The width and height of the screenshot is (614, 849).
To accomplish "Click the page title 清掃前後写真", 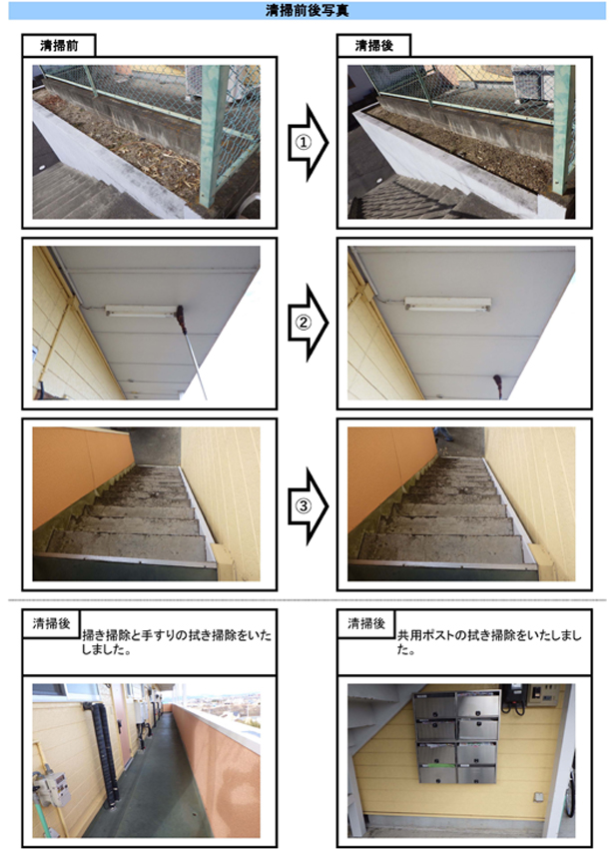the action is pyautogui.click(x=307, y=10).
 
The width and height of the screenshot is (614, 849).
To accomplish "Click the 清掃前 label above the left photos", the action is pyautogui.click(x=59, y=46).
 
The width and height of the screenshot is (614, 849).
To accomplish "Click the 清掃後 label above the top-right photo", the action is pyautogui.click(x=374, y=46).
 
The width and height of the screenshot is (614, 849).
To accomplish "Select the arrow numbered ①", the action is pyautogui.click(x=308, y=143).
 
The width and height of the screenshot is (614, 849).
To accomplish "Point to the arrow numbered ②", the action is pyautogui.click(x=308, y=323).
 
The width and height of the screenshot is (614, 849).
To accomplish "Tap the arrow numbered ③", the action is pyautogui.click(x=308, y=506).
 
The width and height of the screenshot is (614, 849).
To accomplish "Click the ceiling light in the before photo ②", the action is pyautogui.click(x=141, y=312).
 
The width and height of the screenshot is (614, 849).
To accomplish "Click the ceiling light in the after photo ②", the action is pyautogui.click(x=448, y=304).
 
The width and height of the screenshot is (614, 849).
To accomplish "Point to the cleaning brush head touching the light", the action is pyautogui.click(x=181, y=319).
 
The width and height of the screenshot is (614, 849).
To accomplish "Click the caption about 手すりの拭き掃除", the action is pyautogui.click(x=177, y=642).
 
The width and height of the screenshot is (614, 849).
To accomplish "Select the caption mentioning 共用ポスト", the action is pyautogui.click(x=489, y=642).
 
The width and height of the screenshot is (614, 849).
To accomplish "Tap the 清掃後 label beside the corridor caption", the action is pyautogui.click(x=52, y=623).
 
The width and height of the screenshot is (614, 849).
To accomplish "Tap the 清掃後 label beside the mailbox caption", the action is pyautogui.click(x=366, y=623).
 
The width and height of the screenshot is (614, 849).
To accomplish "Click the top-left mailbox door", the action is pyautogui.click(x=434, y=706).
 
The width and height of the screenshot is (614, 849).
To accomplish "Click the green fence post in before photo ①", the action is pyautogui.click(x=214, y=136).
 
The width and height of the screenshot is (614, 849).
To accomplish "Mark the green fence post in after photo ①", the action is pyautogui.click(x=563, y=130).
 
